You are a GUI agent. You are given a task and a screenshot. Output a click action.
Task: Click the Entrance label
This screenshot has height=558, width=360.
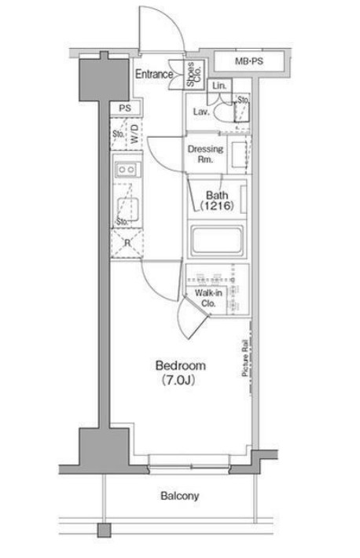[154, 74]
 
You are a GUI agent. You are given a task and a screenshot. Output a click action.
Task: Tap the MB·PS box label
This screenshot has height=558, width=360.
[249, 61]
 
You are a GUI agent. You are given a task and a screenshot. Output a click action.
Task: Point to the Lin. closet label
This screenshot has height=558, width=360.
[219, 86]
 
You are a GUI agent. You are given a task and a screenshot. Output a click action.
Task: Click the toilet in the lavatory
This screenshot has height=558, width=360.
[223, 112]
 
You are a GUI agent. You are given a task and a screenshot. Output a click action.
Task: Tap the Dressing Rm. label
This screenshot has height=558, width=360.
[205, 154]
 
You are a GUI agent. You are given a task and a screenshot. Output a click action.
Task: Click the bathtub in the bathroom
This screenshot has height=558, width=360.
[216, 241]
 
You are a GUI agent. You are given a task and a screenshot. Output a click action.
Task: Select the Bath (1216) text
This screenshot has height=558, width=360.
[217, 200]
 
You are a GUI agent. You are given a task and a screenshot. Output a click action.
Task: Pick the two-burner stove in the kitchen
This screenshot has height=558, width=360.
[127, 170]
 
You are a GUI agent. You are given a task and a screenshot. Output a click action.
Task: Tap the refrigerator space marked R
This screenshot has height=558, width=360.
[127, 244]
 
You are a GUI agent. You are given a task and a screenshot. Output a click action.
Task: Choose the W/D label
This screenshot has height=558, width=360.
[134, 134]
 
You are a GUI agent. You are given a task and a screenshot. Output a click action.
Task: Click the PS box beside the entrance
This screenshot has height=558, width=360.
[125, 108]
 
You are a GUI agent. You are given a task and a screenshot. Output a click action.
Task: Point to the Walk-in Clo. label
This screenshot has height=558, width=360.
[208, 298]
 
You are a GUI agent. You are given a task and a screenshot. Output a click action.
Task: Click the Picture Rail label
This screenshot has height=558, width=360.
[245, 358]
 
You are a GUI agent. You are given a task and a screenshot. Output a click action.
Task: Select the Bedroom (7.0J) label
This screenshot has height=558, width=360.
[180, 373]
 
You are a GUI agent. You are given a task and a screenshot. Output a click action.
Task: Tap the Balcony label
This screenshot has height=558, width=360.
[179, 496]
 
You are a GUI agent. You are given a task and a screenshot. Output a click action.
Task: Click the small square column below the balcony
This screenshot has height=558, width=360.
[105, 530]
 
